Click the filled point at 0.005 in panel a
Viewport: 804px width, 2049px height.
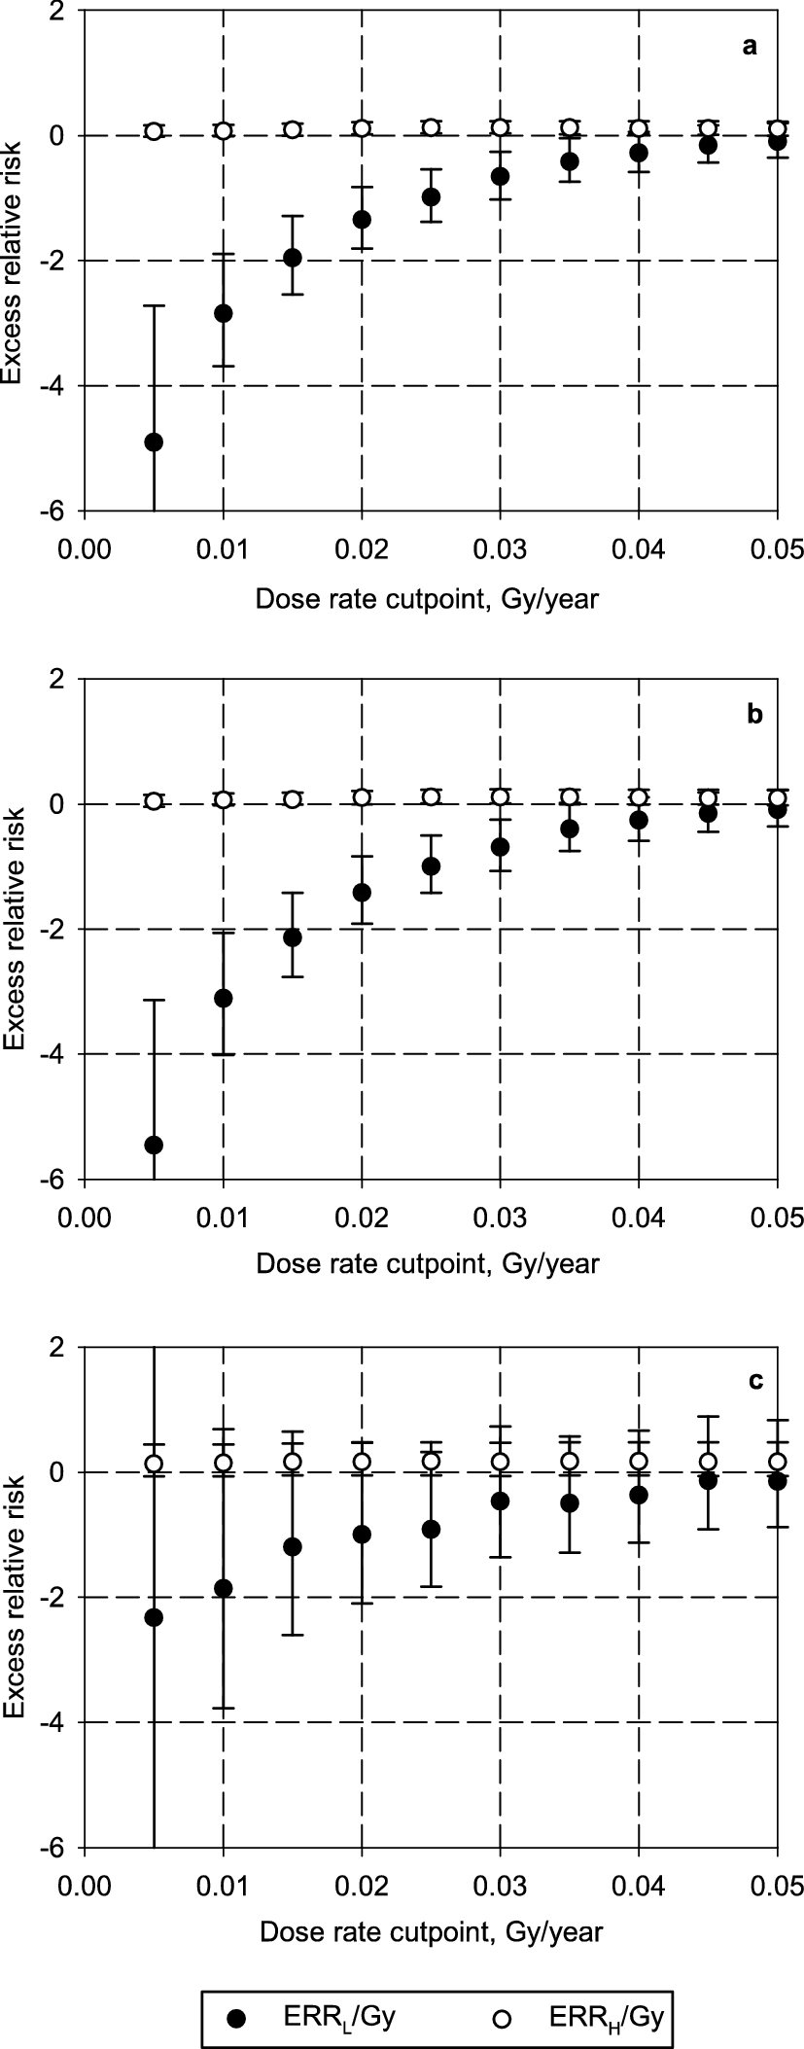point(154,442)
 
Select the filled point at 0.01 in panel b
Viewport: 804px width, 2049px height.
point(224,998)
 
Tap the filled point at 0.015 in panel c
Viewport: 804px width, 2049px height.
point(293,1546)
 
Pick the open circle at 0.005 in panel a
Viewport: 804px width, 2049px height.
point(154,131)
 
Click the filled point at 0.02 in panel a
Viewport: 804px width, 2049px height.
point(362,219)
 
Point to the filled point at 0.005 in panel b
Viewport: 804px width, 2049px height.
point(154,1145)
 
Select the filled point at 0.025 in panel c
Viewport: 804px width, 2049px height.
point(432,1529)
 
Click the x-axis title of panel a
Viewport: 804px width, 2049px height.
point(427,599)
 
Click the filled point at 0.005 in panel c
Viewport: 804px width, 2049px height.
point(154,1617)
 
